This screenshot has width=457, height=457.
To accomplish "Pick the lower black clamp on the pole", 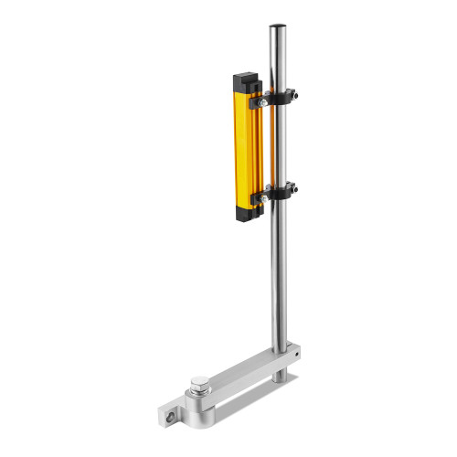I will point(283,192).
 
